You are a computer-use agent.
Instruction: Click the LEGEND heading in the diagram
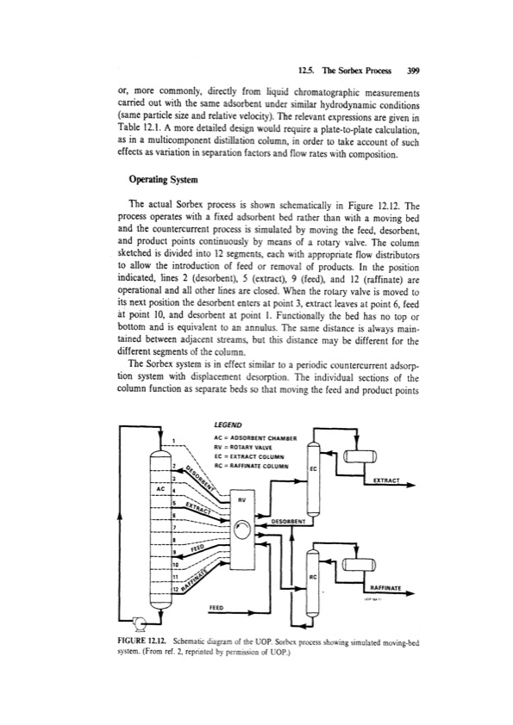click(x=228, y=424)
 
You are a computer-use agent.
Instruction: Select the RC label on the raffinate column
click(x=314, y=575)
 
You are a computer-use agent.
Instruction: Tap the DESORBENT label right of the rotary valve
click(x=290, y=520)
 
